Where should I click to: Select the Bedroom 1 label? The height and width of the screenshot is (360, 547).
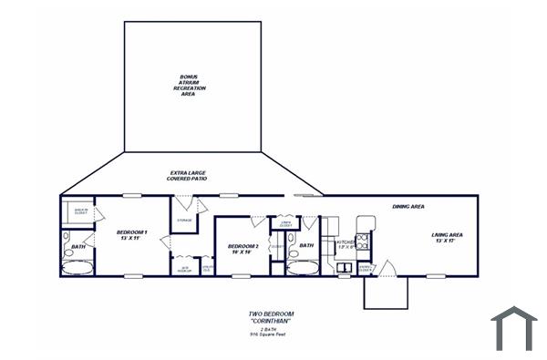pyautogui.click(x=131, y=235)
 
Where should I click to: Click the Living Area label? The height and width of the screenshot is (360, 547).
pyautogui.click(x=447, y=238)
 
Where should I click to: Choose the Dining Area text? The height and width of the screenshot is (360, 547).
pyautogui.click(x=408, y=207)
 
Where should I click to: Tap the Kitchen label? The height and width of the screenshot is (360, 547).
pyautogui.click(x=345, y=244)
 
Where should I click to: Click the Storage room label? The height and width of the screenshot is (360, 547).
pyautogui.click(x=183, y=221)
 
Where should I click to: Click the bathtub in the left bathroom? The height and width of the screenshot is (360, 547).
pyautogui.click(x=82, y=267)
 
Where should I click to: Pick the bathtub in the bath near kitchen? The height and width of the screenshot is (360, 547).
pyautogui.click(x=302, y=266)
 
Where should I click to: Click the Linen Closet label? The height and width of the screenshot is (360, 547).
pyautogui.click(x=285, y=222)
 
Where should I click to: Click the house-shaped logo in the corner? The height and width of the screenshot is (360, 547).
pyautogui.click(x=513, y=328)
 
